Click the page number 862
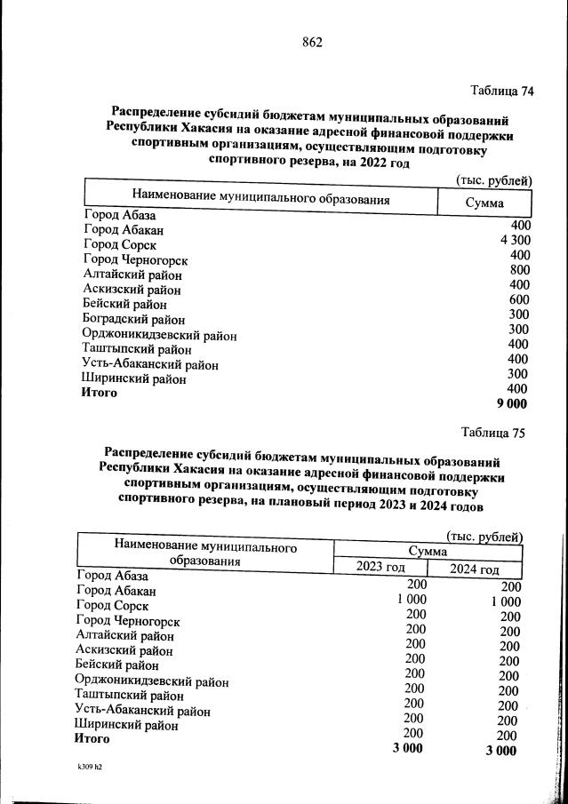[311, 43]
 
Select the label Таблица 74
[501, 91]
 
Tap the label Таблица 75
[493, 433]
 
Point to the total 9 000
[512, 403]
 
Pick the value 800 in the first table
[519, 270]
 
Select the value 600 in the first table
[519, 299]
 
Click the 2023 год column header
[380, 568]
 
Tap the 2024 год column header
[474, 569]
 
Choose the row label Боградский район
[134, 319]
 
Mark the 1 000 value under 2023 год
[411, 600]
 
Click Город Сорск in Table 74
[120, 244]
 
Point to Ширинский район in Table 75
[127, 725]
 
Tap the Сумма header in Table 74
[484, 203]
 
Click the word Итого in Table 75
[92, 738]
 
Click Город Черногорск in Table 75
[128, 621]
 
